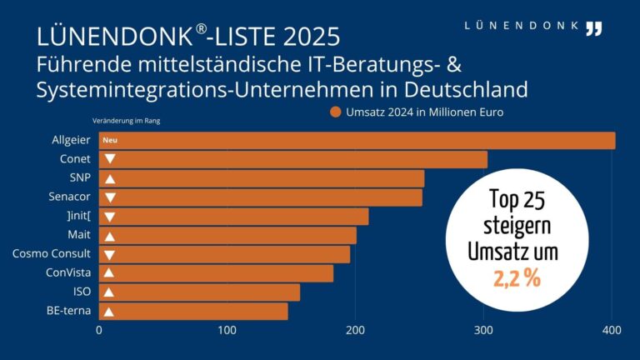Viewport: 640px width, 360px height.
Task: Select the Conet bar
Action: [292, 159]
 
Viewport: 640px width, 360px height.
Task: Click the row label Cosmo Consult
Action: [52, 254]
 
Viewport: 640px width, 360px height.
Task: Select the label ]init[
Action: [75, 217]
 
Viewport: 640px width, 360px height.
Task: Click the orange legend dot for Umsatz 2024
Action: [335, 112]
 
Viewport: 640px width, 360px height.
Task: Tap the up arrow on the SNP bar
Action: [109, 178]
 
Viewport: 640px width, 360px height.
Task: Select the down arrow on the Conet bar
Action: [109, 159]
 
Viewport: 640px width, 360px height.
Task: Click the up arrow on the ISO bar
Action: [109, 292]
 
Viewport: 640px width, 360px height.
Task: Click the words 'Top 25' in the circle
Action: [518, 200]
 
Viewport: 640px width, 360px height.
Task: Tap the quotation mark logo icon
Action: [593, 28]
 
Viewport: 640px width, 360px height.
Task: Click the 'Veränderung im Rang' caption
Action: [126, 121]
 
